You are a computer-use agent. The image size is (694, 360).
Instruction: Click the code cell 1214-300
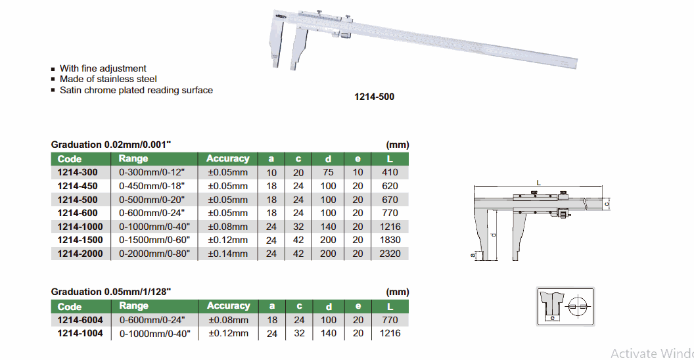78,173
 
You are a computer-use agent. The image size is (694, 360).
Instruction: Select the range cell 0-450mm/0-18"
152,186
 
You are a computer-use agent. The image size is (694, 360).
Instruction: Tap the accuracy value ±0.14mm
228,254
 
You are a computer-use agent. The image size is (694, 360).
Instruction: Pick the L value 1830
390,240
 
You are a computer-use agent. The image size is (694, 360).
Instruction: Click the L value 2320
390,254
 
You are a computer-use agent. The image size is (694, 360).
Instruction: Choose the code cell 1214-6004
80,320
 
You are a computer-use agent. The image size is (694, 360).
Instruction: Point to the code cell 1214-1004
80,334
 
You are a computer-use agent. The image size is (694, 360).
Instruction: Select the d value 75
328,173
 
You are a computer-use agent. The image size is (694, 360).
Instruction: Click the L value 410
390,173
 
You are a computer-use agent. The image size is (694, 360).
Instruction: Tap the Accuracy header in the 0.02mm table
228,159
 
